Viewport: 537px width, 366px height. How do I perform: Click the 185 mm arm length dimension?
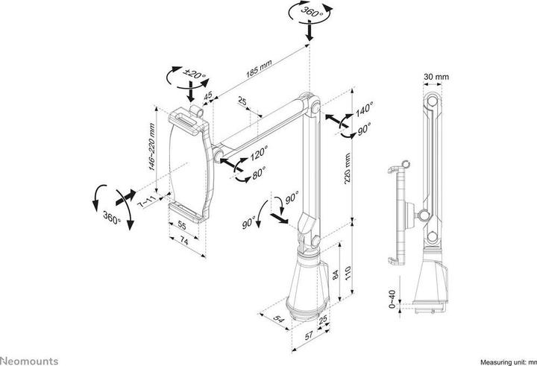[x=259, y=69]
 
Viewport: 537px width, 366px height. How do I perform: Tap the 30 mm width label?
[x=436, y=77]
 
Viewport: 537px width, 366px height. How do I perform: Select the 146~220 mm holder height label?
[x=151, y=147]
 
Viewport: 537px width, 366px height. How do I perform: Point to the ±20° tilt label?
[x=195, y=74]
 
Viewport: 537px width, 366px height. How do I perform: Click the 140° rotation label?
[x=364, y=110]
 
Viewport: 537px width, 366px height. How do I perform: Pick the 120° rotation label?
[x=259, y=153]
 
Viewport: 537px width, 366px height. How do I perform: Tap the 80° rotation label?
[x=259, y=173]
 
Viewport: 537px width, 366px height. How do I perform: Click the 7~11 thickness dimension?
[x=147, y=201]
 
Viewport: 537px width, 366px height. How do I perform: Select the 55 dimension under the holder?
[x=182, y=226]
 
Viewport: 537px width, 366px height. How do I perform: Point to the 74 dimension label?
[x=184, y=242]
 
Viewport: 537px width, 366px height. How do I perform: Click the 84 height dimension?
[x=336, y=274]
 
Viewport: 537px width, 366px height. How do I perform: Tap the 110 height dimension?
[x=348, y=273]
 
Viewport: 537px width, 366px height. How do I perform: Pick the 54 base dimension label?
[x=279, y=320]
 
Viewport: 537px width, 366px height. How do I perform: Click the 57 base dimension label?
[x=309, y=336]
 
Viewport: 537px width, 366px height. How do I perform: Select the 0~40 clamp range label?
[x=392, y=299]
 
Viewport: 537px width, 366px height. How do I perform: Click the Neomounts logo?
[x=29, y=361]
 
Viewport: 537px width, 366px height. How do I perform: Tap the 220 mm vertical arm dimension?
[x=348, y=168]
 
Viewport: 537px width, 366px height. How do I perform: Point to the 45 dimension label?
[x=208, y=95]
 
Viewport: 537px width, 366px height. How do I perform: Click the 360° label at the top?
[x=312, y=12]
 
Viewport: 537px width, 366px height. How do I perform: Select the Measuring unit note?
[x=509, y=362]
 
